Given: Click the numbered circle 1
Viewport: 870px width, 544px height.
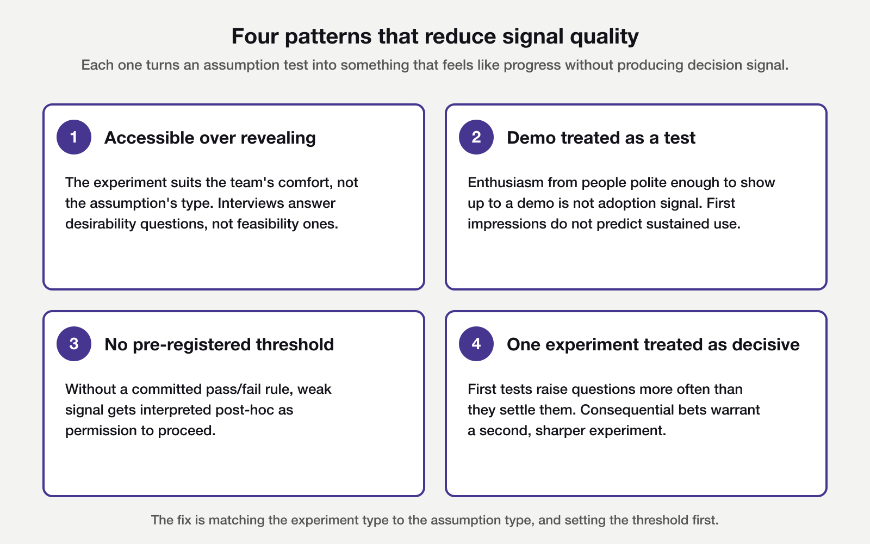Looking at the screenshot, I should pos(74,137).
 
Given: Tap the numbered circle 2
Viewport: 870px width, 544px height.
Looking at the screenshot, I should pos(476,137).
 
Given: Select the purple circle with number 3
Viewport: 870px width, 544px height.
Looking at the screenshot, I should pos(74,344).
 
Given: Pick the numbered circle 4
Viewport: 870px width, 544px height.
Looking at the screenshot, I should pos(476,344).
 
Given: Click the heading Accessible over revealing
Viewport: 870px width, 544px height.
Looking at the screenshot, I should pos(210,138).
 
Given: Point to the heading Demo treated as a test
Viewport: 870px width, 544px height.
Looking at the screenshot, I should pos(601,138).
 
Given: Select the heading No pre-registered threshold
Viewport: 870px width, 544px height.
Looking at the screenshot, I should pos(219,344).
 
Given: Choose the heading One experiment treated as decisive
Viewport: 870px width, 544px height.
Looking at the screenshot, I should pos(653,344).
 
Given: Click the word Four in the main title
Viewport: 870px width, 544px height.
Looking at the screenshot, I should pos(254,36).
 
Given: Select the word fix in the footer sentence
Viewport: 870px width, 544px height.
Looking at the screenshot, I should pos(184,520).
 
